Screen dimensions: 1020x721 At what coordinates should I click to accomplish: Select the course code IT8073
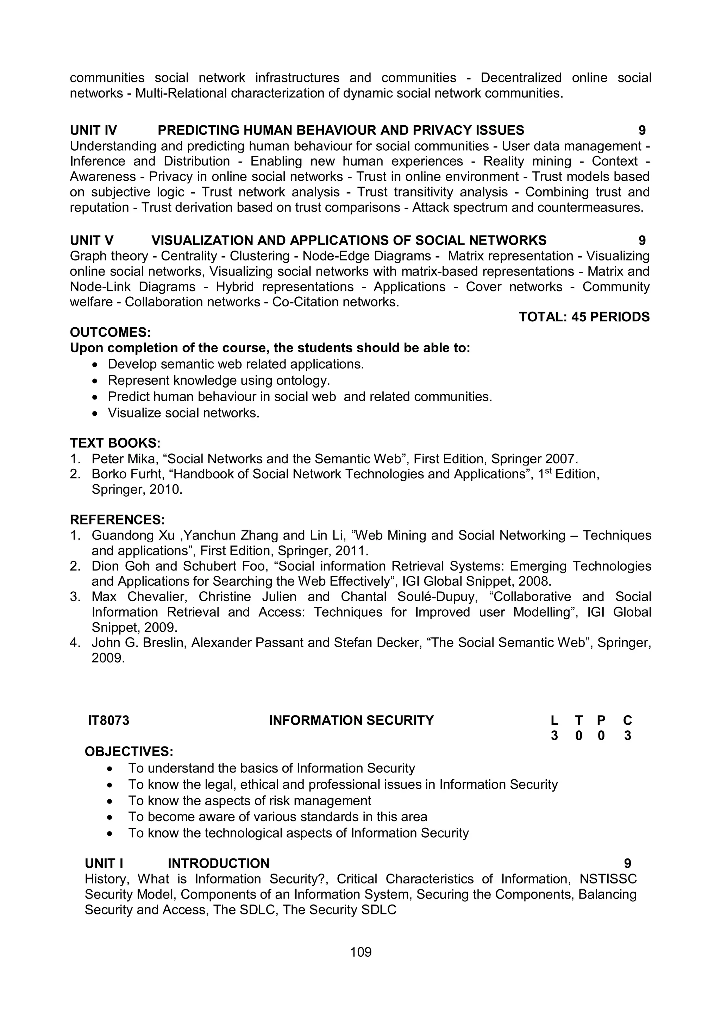[108, 720]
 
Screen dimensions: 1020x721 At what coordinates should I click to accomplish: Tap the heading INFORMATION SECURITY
[351, 720]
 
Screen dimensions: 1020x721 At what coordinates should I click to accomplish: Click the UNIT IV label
[93, 130]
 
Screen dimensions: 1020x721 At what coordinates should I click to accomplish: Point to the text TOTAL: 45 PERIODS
[584, 317]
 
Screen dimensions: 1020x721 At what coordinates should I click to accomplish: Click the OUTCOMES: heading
[110, 332]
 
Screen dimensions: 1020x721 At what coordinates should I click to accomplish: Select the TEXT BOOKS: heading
[115, 443]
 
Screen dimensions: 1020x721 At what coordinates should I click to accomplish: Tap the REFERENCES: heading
[117, 520]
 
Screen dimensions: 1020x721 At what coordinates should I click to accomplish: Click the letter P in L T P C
[601, 720]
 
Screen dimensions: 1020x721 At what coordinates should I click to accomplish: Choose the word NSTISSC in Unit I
[608, 879]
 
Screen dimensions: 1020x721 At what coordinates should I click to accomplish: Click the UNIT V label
[92, 240]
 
